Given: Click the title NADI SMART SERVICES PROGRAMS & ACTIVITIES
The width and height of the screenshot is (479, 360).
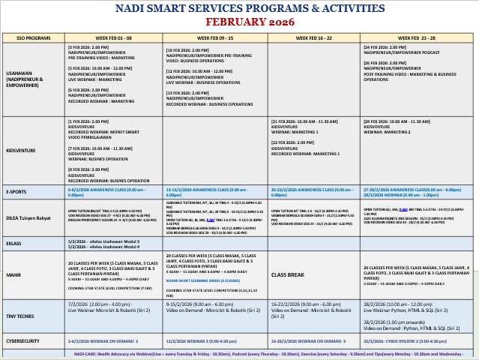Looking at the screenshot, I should point(240,8).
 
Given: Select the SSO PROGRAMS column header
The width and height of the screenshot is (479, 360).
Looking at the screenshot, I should point(33,37).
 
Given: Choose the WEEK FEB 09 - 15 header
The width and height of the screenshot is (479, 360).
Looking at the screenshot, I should point(215,37).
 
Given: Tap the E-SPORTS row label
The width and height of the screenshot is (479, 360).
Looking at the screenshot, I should point(19,191).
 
